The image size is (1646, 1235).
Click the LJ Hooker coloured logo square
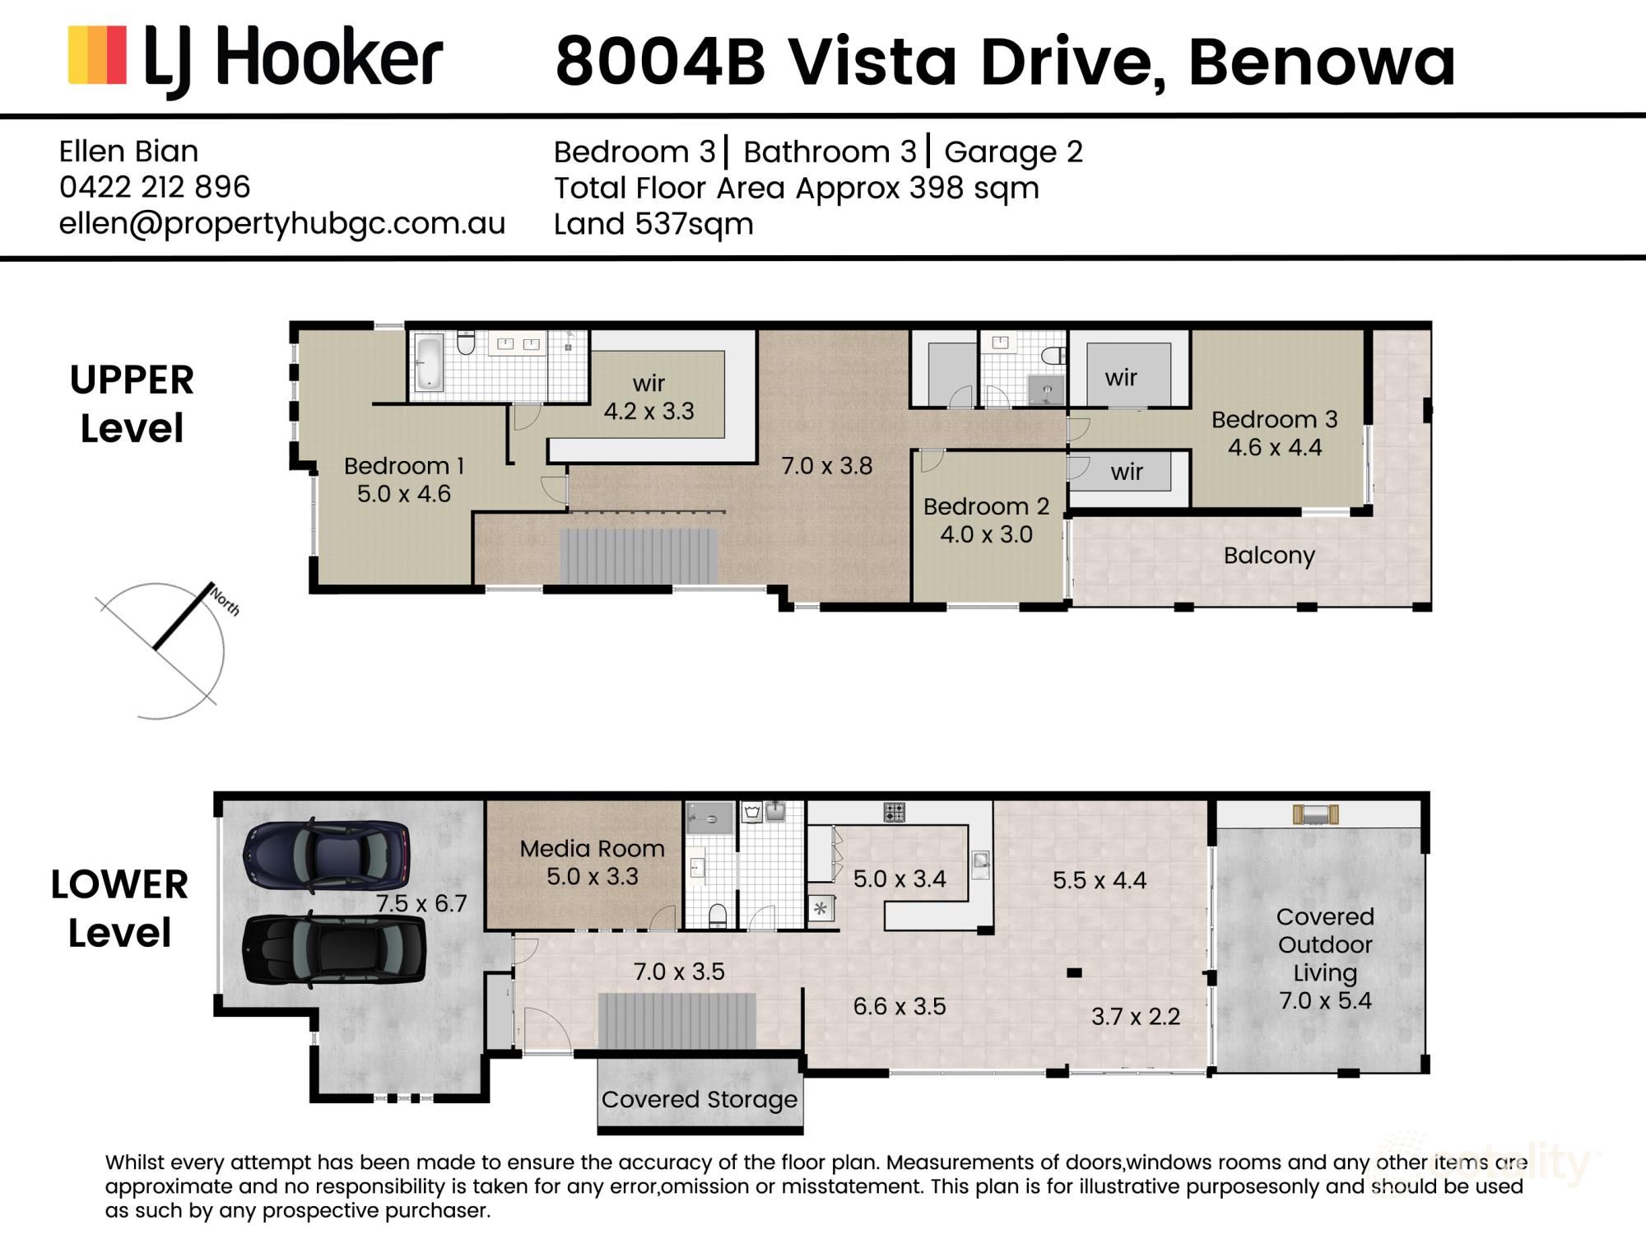(97, 55)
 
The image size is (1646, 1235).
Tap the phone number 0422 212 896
(155, 187)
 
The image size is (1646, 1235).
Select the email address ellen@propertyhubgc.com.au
(282, 224)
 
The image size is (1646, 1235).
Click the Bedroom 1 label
(404, 466)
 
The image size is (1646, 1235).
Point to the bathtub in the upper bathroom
(429, 361)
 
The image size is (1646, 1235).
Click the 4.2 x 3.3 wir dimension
(649, 411)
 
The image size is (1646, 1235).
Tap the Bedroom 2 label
(986, 506)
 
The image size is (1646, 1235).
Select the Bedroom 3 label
(1275, 420)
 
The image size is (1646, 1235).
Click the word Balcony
(1269, 556)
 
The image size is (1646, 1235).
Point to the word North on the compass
(224, 601)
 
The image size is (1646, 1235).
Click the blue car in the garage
(326, 855)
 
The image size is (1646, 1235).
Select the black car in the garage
(334, 948)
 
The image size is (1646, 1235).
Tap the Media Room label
(593, 849)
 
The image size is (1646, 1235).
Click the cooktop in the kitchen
(895, 813)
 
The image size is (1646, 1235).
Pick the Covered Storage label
(700, 1100)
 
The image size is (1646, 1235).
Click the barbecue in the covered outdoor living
(1315, 814)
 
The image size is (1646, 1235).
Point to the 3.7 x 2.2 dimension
(1136, 1017)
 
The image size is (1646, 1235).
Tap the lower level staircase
(677, 1021)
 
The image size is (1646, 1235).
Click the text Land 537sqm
(653, 224)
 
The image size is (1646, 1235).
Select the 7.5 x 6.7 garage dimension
(421, 904)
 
